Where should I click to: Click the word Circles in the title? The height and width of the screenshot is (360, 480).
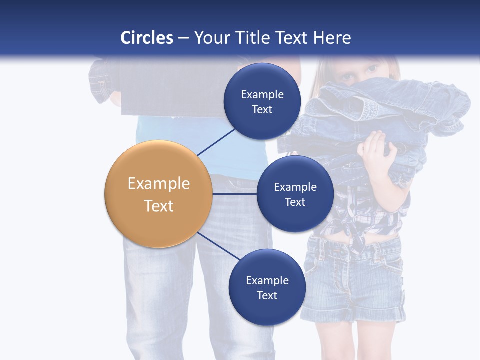pos(147,38)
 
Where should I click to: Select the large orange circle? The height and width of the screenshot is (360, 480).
pos(158,194)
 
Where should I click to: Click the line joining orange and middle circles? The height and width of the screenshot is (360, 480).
pos(235,194)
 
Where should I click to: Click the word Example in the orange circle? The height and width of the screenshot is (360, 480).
pos(158,184)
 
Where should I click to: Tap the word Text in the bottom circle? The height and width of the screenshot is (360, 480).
pos(267,295)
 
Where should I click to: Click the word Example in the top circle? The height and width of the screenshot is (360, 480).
pos(262,94)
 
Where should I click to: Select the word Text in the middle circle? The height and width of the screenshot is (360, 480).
pos(295,202)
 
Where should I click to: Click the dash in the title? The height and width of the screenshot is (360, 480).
pos(183,38)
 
